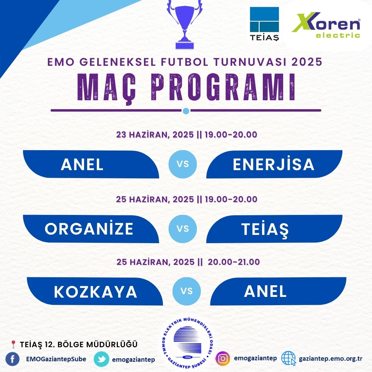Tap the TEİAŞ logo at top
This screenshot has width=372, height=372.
tap(264, 24)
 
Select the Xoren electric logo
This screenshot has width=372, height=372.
tap(326, 25)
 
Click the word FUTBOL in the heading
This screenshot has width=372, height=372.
tap(185, 62)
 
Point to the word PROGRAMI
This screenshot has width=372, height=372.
tap(223, 87)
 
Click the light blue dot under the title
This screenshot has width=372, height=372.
tap(186, 111)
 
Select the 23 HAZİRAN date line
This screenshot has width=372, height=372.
tap(186, 135)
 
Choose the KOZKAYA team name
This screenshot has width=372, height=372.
tap(95, 292)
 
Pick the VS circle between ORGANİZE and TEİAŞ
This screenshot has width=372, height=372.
tap(183, 229)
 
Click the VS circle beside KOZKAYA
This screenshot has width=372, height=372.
tap(187, 291)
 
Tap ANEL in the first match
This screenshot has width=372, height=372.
tap(82, 164)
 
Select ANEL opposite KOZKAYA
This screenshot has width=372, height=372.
tap(265, 291)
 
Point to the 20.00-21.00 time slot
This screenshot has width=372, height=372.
tap(234, 262)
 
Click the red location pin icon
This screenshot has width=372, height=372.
tap(13, 344)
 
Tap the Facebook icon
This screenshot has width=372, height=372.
tap(12, 359)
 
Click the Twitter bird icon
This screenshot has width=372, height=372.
tap(102, 359)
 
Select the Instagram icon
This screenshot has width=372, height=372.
tap(223, 359)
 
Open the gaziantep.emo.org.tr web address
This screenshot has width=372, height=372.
tap(330, 359)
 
